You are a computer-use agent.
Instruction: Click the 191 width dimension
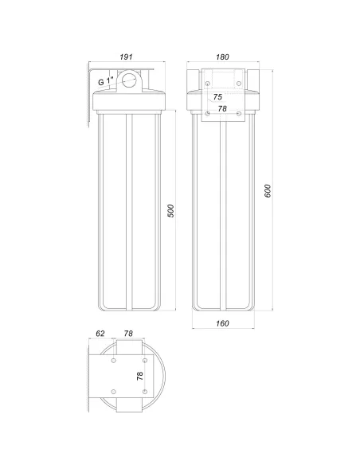click(x=127, y=57)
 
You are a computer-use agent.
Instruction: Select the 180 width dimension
click(x=223, y=57)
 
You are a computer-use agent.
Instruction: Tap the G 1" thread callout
click(x=107, y=81)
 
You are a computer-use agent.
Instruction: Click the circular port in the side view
click(x=127, y=80)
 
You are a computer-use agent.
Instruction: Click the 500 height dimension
click(x=170, y=210)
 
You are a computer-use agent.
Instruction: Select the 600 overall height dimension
click(x=268, y=191)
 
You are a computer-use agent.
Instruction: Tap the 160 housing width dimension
click(x=222, y=324)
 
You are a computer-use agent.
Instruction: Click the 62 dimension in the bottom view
click(x=100, y=335)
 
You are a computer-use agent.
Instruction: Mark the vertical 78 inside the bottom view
click(x=141, y=375)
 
